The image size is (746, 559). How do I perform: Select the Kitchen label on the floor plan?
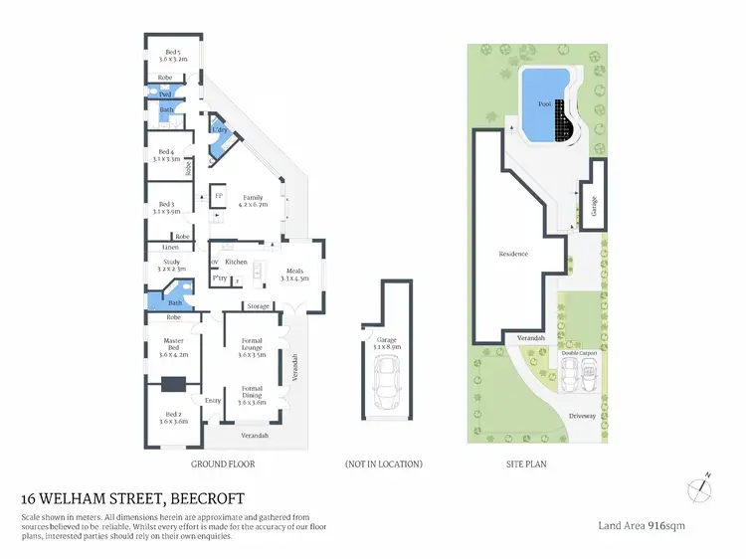pos(236,262)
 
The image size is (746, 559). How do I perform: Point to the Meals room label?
pos(294,275)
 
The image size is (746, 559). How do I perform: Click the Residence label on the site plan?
pos(513,254)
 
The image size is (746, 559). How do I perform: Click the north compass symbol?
pos(700,487)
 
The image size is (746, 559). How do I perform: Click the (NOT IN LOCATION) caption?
pos(383,465)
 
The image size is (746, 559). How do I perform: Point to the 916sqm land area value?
pos(665,524)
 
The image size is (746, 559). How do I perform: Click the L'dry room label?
pos(220,130)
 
